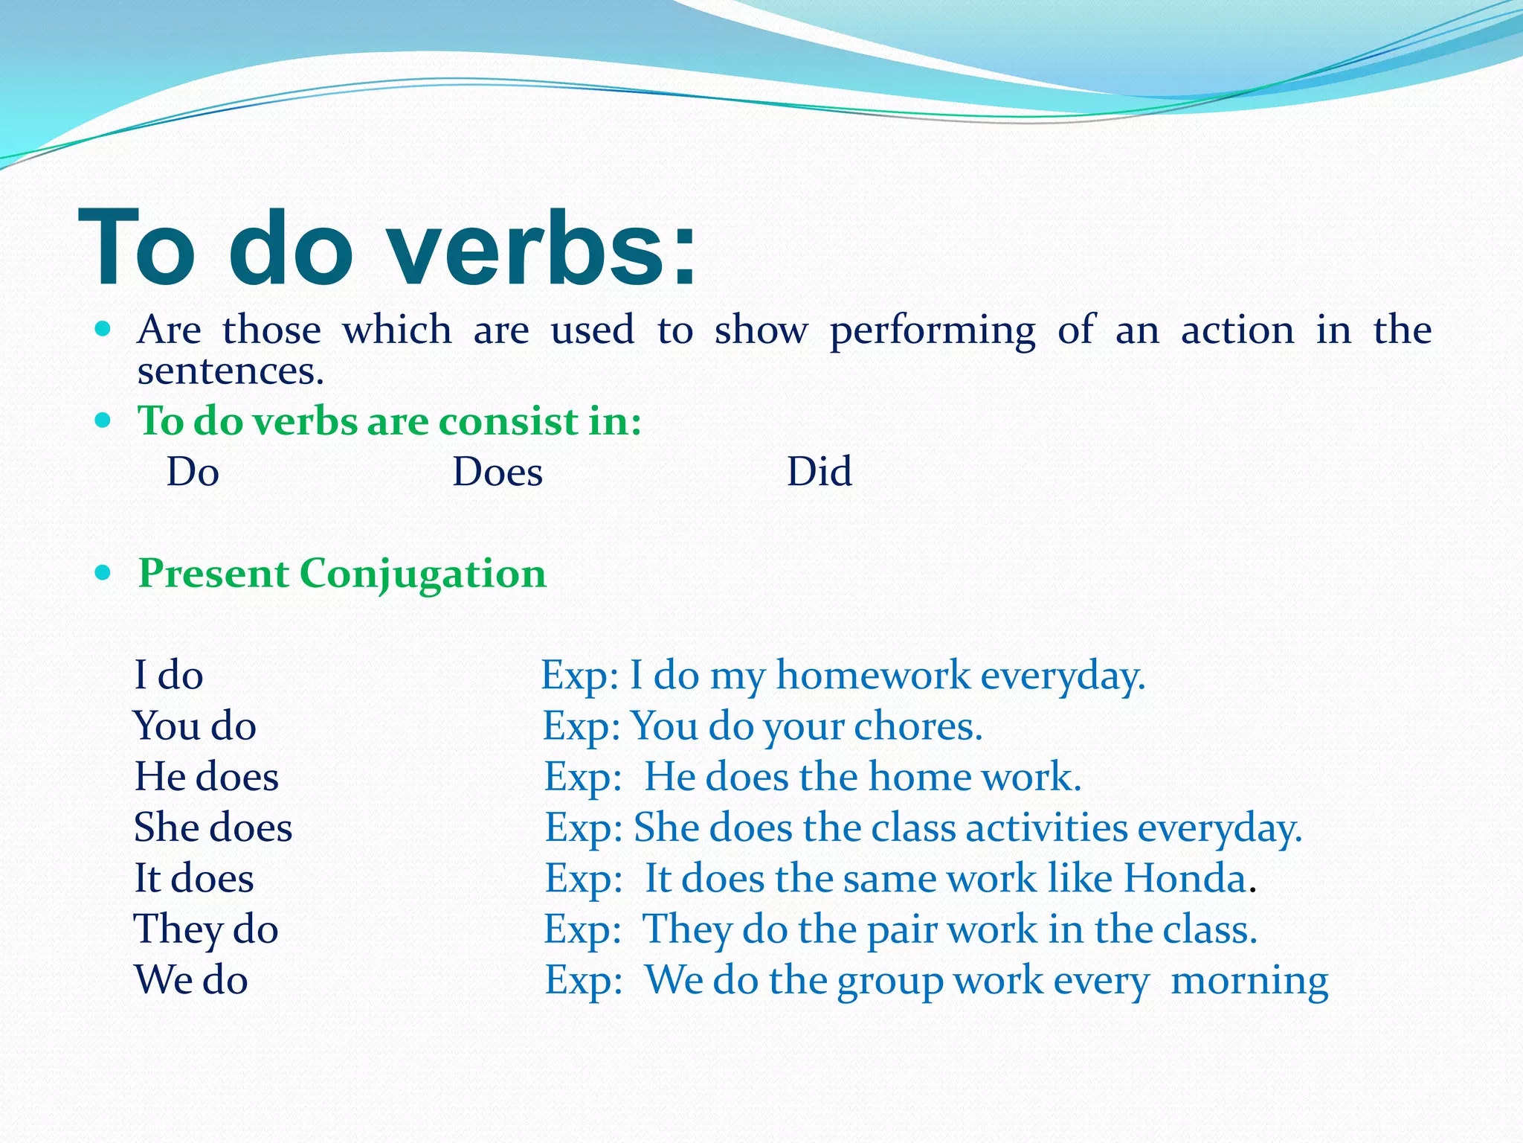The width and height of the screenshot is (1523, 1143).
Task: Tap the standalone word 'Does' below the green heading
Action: pyautogui.click(x=498, y=472)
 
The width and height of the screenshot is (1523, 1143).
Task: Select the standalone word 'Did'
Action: pyautogui.click(x=819, y=472)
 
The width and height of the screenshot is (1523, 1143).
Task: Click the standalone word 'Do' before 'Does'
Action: pyautogui.click(x=193, y=472)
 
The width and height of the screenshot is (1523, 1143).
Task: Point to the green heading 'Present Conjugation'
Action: pyautogui.click(x=342, y=574)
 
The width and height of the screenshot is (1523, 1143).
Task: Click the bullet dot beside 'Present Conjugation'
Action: pyautogui.click(x=103, y=573)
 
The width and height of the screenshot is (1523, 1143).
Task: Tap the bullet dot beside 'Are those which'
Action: pyautogui.click(x=103, y=328)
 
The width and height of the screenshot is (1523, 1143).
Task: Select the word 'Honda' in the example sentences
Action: pyautogui.click(x=1185, y=879)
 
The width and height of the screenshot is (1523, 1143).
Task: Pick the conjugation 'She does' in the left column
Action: pyautogui.click(x=213, y=827)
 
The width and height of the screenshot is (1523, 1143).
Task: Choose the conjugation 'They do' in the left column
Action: pyautogui.click(x=206, y=930)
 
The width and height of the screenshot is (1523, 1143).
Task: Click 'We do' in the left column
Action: pyautogui.click(x=190, y=980)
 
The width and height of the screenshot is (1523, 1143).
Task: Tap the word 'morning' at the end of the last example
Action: pyautogui.click(x=1249, y=981)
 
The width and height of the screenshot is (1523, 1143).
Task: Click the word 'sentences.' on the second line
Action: pyautogui.click(x=231, y=371)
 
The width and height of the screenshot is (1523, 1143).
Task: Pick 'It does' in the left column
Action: pyautogui.click(x=193, y=879)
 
